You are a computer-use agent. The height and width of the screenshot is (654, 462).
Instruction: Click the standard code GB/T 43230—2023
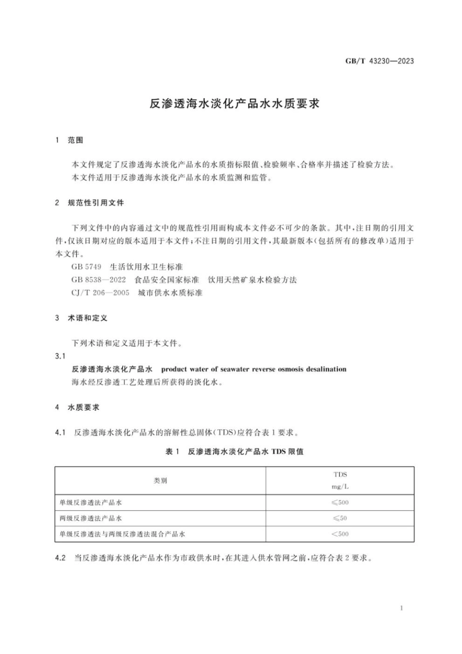(x=379, y=61)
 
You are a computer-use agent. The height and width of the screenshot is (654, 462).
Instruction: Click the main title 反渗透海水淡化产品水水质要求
(x=234, y=104)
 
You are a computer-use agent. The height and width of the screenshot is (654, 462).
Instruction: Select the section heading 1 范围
(x=69, y=140)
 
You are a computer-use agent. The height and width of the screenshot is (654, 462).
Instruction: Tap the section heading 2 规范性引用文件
(x=89, y=202)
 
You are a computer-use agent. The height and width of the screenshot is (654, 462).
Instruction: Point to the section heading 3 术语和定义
(x=81, y=318)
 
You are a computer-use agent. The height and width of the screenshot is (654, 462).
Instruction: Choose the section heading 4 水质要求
(x=77, y=407)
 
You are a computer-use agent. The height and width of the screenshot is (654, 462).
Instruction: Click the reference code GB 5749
(x=86, y=267)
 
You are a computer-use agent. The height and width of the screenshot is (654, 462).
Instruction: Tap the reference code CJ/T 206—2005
(x=100, y=293)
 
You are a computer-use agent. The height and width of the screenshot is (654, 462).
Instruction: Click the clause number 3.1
(x=60, y=356)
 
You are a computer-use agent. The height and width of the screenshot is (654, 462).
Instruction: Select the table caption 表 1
(x=173, y=452)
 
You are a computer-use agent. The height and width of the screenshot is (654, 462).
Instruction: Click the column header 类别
(x=160, y=480)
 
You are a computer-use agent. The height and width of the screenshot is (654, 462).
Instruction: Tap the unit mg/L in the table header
(x=340, y=487)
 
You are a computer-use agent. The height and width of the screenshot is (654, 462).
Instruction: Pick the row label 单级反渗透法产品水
(x=90, y=502)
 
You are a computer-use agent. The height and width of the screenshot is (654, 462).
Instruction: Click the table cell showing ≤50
(x=340, y=518)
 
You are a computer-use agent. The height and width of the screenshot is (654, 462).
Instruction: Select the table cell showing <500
(x=340, y=534)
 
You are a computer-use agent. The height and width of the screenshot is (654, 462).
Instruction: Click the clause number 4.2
(x=60, y=558)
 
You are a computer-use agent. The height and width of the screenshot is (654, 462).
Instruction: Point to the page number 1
(x=401, y=608)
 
